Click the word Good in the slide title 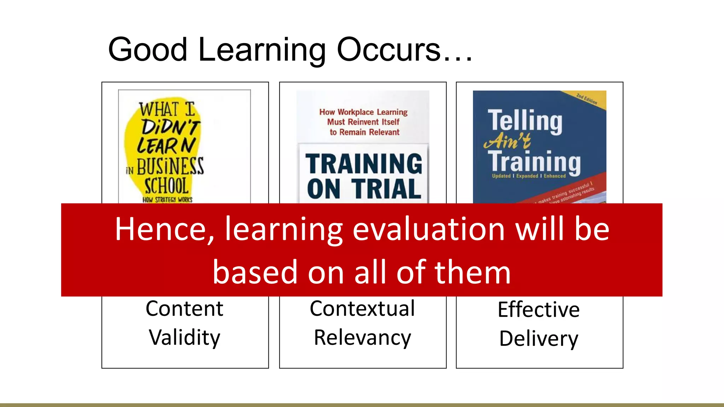(147, 49)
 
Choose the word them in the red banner (472, 272)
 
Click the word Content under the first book (185, 309)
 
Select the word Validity (185, 338)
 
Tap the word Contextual (362, 309)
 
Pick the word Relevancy (362, 338)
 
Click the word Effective (539, 310)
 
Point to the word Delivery (539, 339)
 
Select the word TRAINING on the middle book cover (364, 164)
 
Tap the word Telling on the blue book (525, 121)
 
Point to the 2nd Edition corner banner (587, 99)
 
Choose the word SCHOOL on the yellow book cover (167, 186)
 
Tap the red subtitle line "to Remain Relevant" (364, 132)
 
